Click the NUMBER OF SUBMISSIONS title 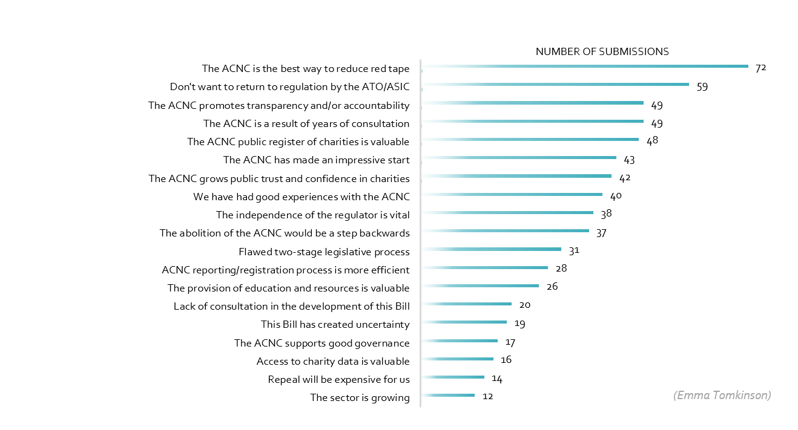click(602, 52)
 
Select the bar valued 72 click(585, 66)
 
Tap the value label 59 click(702, 87)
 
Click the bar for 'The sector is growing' click(448, 396)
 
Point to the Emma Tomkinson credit click(722, 396)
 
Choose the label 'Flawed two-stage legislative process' click(324, 252)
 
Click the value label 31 click(575, 250)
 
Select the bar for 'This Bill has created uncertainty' click(464, 322)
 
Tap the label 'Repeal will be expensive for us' click(338, 380)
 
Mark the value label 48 click(651, 141)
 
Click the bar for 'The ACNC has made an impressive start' click(519, 157)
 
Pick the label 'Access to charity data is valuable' click(333, 362)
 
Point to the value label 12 click(488, 397)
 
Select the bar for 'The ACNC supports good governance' click(460, 340)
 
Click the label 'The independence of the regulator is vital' click(312, 215)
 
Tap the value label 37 click(601, 233)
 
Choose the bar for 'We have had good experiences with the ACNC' click(512, 194)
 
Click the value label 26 click(552, 287)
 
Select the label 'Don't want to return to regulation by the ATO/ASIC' click(289, 87)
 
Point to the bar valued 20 click(467, 304)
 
